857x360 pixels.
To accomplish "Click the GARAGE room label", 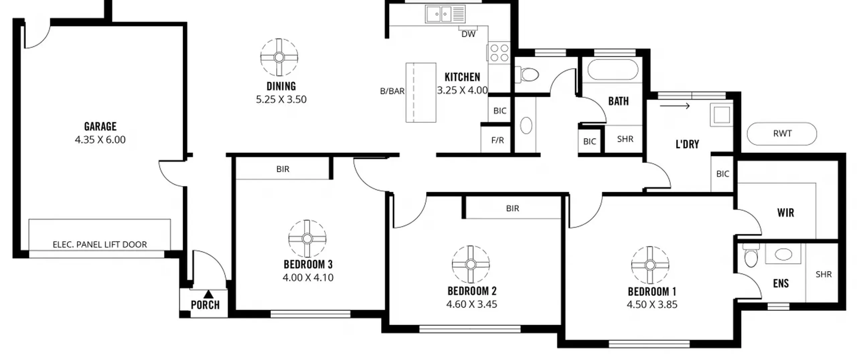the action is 100,126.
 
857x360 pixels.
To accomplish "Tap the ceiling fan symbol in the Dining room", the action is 279,57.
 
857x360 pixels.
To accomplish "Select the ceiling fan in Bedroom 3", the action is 307,239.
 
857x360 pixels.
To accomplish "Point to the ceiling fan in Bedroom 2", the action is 471,264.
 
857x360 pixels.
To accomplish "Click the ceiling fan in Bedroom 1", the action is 650,265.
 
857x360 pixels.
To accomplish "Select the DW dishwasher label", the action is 468,34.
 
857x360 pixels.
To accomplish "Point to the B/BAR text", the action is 392,91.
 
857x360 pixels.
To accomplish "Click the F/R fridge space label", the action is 497,140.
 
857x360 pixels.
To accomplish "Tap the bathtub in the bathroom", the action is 613,70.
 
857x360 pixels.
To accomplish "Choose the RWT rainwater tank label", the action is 782,134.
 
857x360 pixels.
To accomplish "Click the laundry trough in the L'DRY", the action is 721,115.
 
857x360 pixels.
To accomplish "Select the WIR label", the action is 786,213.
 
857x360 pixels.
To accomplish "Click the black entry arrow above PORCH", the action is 209,294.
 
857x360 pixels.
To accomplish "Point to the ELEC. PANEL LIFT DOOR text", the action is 100,244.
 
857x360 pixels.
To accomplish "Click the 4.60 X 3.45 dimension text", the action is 471,304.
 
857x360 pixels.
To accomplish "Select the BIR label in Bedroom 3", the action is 283,169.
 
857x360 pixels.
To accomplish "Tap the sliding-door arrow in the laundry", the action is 675,106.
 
